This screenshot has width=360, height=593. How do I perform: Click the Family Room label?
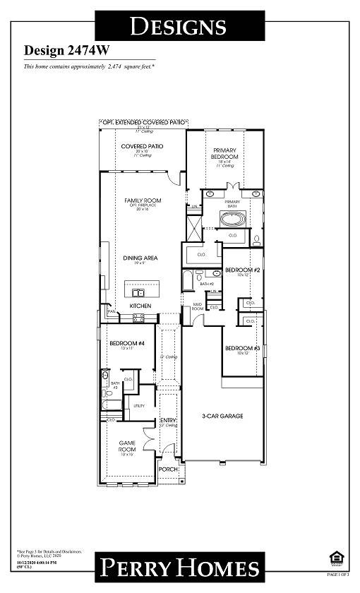(143, 200)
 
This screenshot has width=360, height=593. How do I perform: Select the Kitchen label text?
(140, 306)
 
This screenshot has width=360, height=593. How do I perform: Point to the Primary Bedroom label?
(225, 153)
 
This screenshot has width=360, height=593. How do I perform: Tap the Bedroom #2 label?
(238, 270)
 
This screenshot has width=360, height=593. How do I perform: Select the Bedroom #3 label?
(238, 349)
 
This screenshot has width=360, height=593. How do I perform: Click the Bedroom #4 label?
(127, 344)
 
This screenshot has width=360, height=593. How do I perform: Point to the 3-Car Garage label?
(222, 417)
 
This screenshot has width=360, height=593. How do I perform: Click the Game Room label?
(127, 445)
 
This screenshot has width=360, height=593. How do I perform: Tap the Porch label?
(167, 469)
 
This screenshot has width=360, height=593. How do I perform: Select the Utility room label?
(139, 406)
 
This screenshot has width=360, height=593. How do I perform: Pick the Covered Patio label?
(142, 146)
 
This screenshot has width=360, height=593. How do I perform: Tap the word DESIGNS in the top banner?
(179, 27)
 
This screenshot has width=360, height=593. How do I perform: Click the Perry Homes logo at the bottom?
(179, 567)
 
